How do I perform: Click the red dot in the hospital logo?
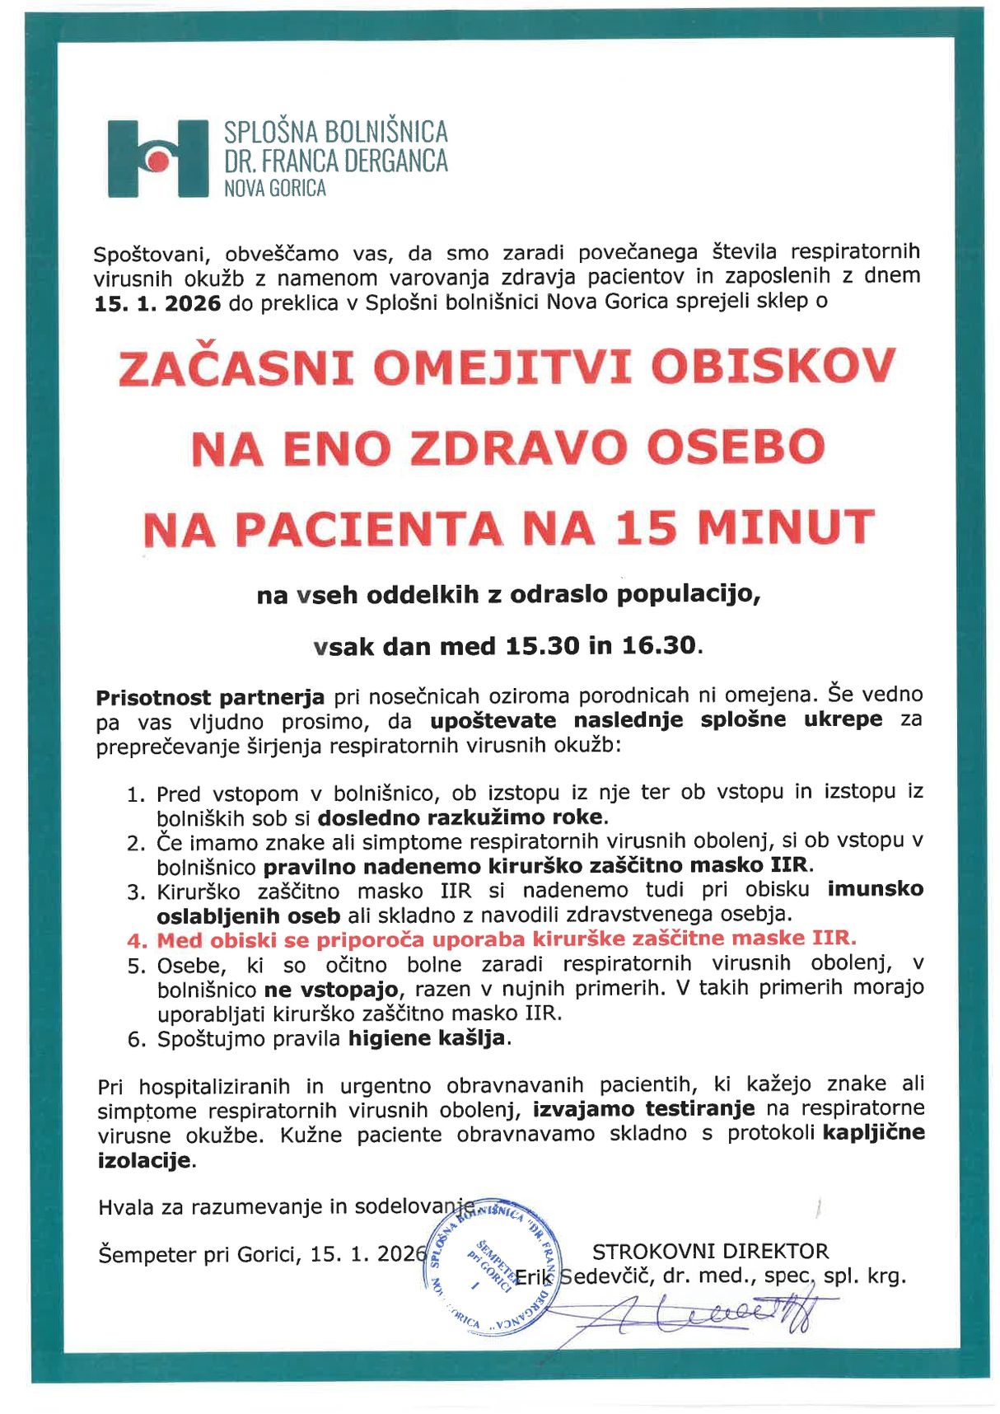pos(159,161)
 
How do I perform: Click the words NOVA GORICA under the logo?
pos(275,189)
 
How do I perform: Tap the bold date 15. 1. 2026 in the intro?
pos(157,303)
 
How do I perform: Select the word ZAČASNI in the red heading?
pos(236,368)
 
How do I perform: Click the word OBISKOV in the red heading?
pos(773,367)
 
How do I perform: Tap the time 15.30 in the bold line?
pos(542,646)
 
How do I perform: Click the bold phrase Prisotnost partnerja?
pos(210,698)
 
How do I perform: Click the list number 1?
pos(136,795)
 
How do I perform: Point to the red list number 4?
pos(137,941)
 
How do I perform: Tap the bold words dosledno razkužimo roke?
pos(461,818)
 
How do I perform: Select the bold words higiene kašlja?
pos(426,1038)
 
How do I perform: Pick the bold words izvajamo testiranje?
pos(643,1109)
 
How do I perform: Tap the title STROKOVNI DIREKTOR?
pos(710,1251)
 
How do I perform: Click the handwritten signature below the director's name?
pos(717,1312)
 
